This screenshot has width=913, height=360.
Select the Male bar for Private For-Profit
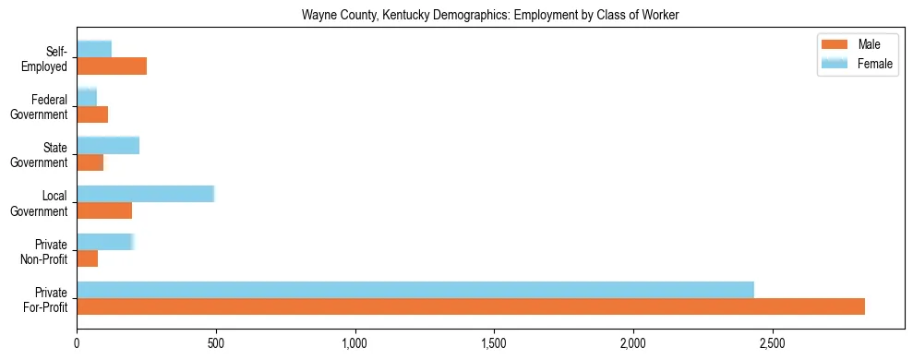[471, 306]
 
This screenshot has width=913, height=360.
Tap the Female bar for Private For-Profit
[415, 289]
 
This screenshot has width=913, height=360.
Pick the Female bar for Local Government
[146, 193]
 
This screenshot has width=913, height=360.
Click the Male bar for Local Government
[104, 210]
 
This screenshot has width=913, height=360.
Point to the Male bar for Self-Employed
[112, 66]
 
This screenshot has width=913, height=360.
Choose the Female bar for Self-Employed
[94, 49]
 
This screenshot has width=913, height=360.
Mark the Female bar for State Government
[108, 145]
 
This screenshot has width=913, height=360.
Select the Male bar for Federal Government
[92, 114]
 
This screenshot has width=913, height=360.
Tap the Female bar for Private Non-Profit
[105, 241]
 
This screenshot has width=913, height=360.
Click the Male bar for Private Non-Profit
[88, 258]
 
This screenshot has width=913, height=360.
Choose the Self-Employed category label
[49, 58]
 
